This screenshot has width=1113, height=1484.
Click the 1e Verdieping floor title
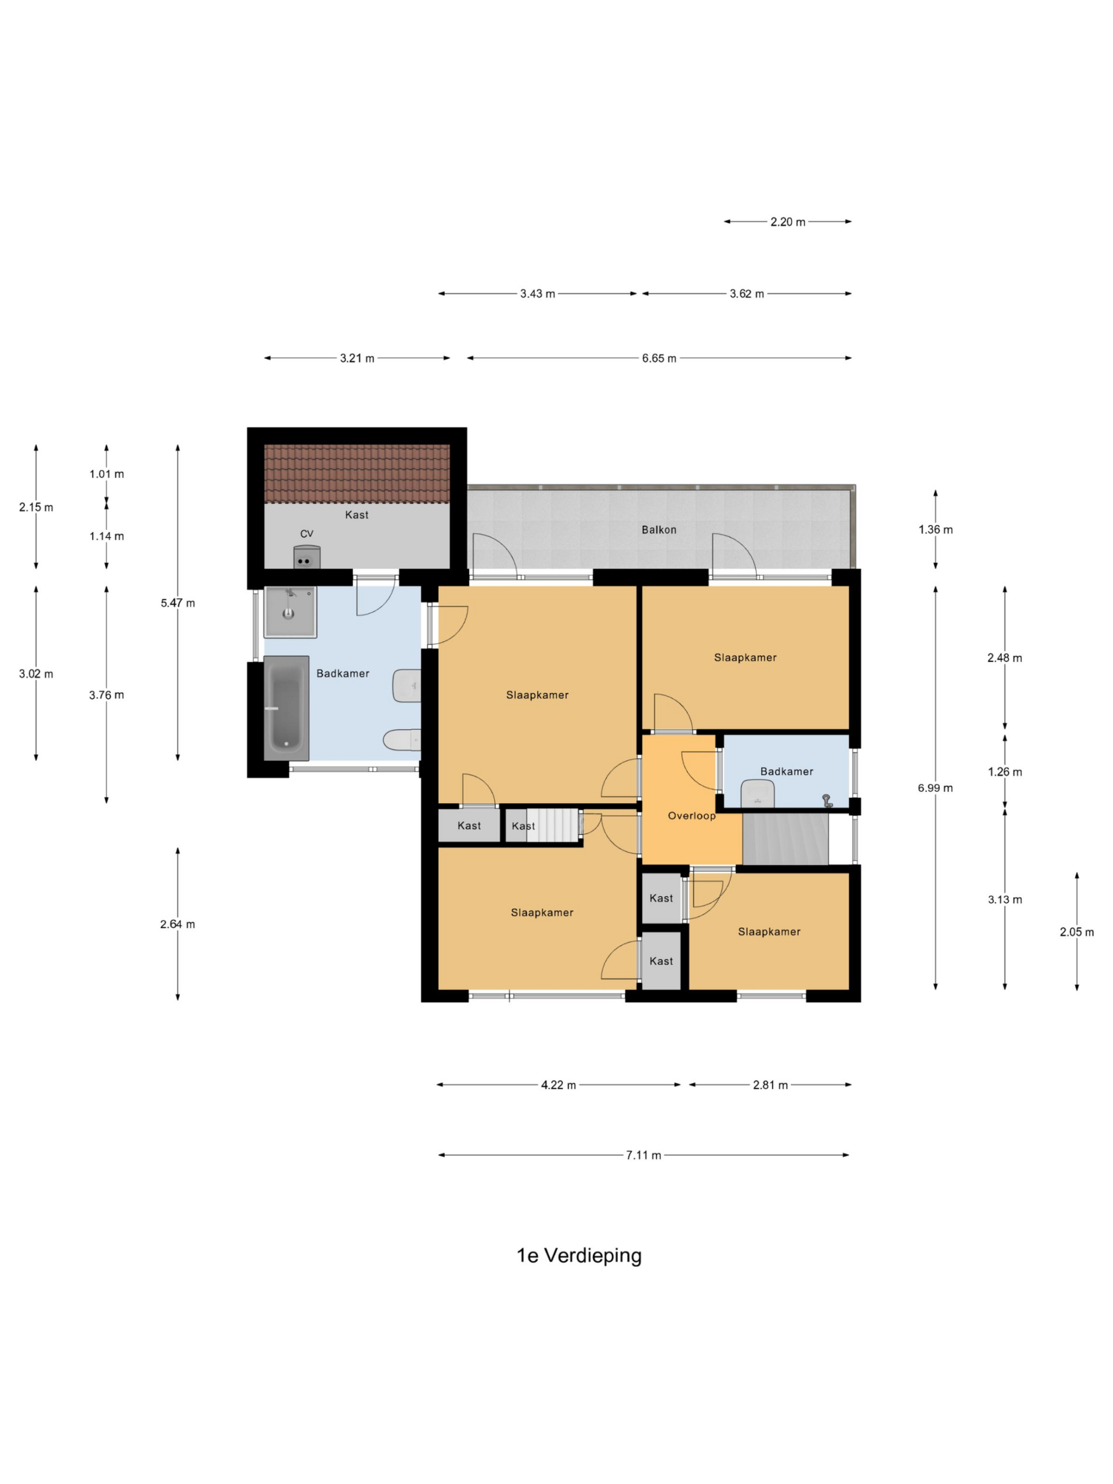pos(579,1254)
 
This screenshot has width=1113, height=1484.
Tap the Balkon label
pos(658,529)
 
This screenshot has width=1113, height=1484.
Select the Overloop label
pos(691,816)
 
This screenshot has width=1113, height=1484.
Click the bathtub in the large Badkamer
pos(286,708)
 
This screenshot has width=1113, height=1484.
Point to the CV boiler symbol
pos(307,558)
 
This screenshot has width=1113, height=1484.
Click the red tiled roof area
pos(357,474)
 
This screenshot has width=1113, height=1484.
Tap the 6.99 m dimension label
pos(934,788)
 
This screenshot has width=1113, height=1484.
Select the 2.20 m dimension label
pos(787,221)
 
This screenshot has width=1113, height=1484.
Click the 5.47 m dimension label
pos(178,602)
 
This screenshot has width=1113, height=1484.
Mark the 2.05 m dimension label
pos(1076,932)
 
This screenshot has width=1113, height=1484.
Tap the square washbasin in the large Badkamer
pos(290,611)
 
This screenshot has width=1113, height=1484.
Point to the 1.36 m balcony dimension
pos(935,529)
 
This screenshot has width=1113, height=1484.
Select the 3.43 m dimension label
pos(537,293)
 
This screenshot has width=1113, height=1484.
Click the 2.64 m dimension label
pos(178,924)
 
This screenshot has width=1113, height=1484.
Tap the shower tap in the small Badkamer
pos(827,800)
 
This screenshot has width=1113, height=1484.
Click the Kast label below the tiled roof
pos(357,515)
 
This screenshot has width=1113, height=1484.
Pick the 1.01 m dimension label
pos(107,474)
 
